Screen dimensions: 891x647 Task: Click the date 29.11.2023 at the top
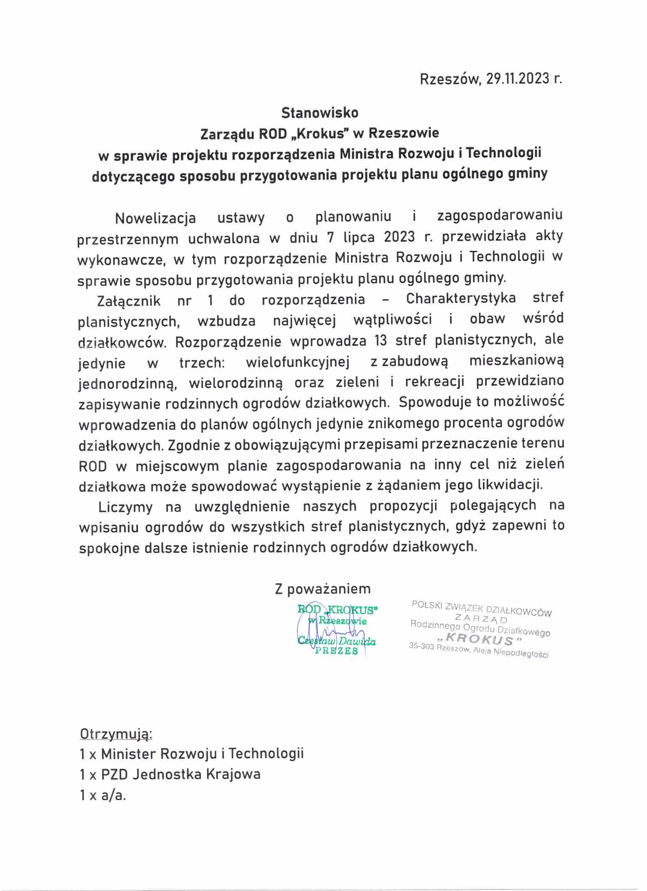coord(518,79)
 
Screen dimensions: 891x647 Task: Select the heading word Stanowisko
coord(320,113)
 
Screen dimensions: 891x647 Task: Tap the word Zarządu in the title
coord(226,134)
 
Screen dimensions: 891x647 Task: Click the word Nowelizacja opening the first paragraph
coord(156,218)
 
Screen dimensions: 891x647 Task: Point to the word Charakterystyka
coord(461,299)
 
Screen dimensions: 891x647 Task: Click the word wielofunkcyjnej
coord(298,362)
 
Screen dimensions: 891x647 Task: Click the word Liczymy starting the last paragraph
coord(125,507)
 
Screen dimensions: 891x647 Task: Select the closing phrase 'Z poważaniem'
coord(323,589)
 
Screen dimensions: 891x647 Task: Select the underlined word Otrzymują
coord(116,734)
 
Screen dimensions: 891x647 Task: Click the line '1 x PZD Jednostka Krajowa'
coord(170,774)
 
